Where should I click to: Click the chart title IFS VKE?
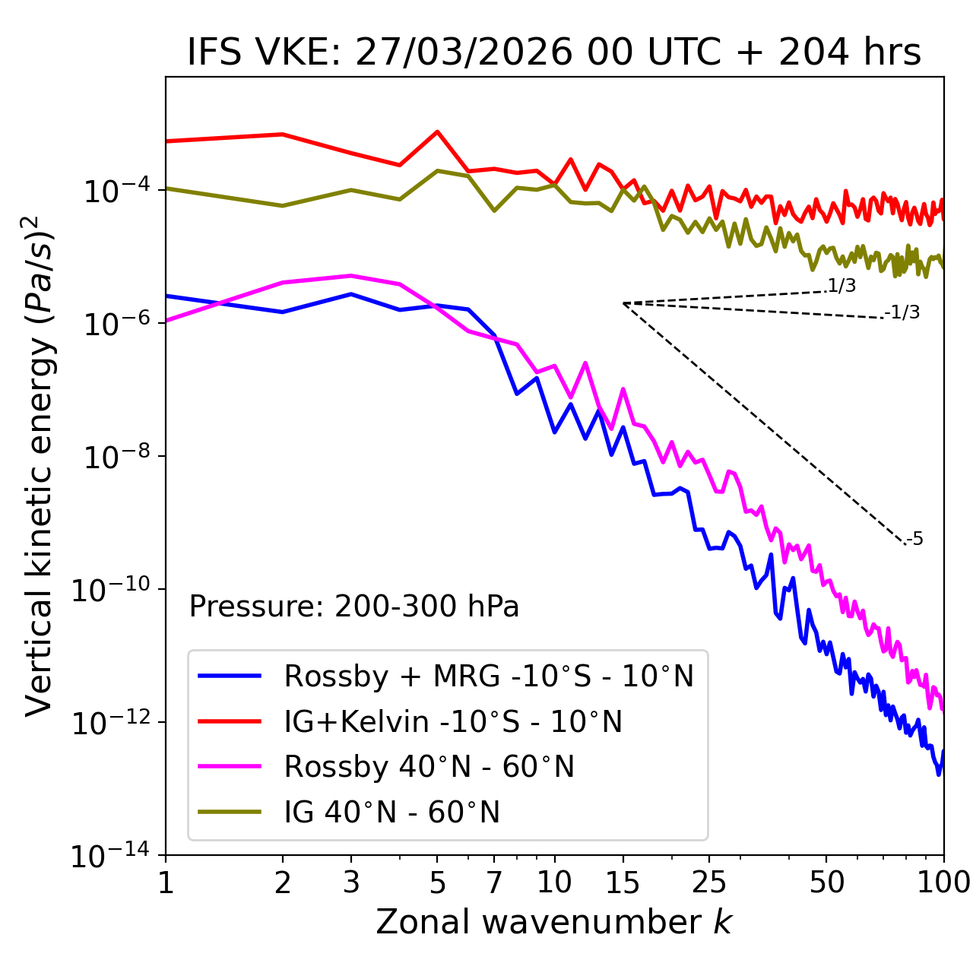pos(553,52)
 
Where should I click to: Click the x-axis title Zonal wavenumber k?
pos(553,921)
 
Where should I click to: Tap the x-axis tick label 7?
pos(494,882)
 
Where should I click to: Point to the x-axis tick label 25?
pos(709,882)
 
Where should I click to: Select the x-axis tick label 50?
pos(826,882)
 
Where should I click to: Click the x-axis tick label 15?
pos(623,882)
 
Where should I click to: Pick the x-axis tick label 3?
pos(351,882)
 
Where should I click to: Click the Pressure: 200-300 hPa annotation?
pos(354,607)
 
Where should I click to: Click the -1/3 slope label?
pos(902,312)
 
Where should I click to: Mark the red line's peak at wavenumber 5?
pos(437,131)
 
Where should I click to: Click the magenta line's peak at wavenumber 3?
pos(351,275)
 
